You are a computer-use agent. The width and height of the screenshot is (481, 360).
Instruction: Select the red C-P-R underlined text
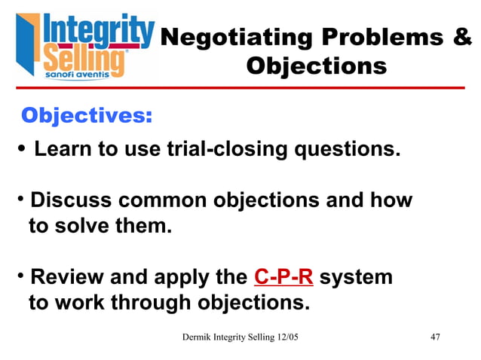(x=283, y=278)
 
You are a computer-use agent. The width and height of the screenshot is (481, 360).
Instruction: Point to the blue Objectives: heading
(x=87, y=116)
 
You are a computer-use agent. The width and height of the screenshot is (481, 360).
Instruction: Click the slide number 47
(x=435, y=337)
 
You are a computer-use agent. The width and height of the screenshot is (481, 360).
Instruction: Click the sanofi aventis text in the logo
(x=76, y=75)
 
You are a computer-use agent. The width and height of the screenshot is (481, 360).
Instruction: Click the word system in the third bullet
(x=356, y=278)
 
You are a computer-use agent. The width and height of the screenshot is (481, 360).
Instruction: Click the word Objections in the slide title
(x=316, y=66)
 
